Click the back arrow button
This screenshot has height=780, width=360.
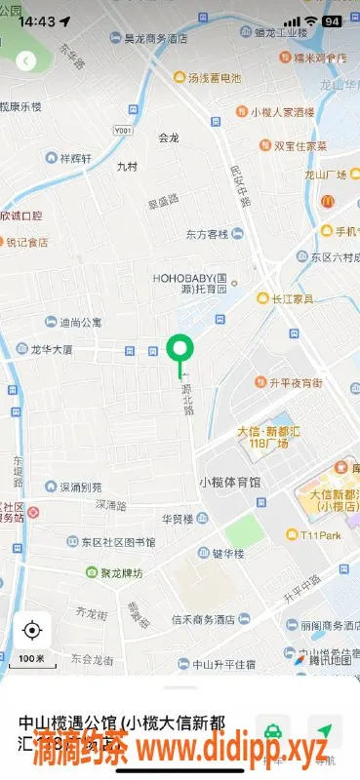[x=25, y=60]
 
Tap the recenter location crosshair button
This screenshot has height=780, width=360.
[x=32, y=630]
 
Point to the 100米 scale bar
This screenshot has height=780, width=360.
[x=32, y=660]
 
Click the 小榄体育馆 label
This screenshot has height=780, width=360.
[x=229, y=482]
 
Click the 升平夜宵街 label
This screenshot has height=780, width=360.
[x=295, y=382]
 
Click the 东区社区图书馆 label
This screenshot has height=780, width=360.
[x=117, y=541]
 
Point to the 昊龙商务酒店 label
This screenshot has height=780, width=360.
[x=154, y=39]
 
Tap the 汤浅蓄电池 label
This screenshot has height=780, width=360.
[x=214, y=77]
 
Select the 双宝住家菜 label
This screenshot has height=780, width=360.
[x=300, y=145]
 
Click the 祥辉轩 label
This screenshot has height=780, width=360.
[x=76, y=157]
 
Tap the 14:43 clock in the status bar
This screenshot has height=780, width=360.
[x=36, y=20]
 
